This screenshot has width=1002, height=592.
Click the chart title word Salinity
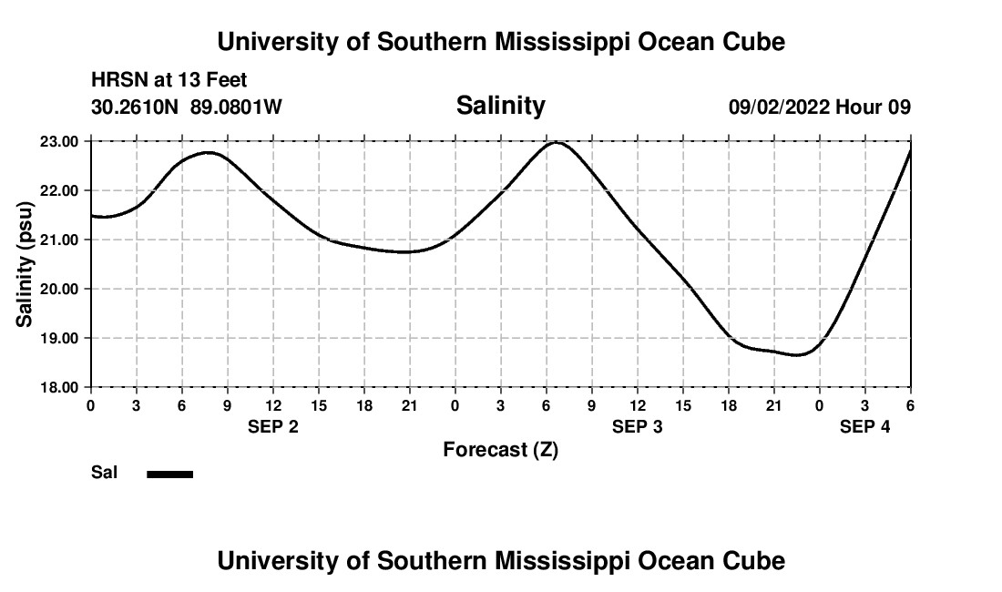(500, 106)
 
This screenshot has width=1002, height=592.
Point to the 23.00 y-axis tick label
(60, 141)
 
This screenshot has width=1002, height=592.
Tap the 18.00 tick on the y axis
(60, 387)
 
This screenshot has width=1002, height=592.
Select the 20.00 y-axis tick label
(60, 289)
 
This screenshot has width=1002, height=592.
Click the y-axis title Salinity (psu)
(26, 264)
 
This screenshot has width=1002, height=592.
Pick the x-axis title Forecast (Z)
(500, 449)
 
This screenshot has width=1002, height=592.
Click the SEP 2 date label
(273, 426)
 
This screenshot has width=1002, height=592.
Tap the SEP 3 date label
(638, 426)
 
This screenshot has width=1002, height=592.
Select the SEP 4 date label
(864, 426)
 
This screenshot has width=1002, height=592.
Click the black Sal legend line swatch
(170, 474)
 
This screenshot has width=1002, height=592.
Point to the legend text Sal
(105, 473)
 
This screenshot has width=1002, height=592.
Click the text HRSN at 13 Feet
(169, 81)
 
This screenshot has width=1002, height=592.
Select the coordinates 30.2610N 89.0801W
(187, 107)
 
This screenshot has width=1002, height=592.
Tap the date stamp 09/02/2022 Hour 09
(819, 107)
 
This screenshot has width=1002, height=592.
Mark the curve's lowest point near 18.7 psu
(798, 355)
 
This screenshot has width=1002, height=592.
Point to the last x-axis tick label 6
(910, 404)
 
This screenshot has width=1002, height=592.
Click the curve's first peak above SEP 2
(209, 152)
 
